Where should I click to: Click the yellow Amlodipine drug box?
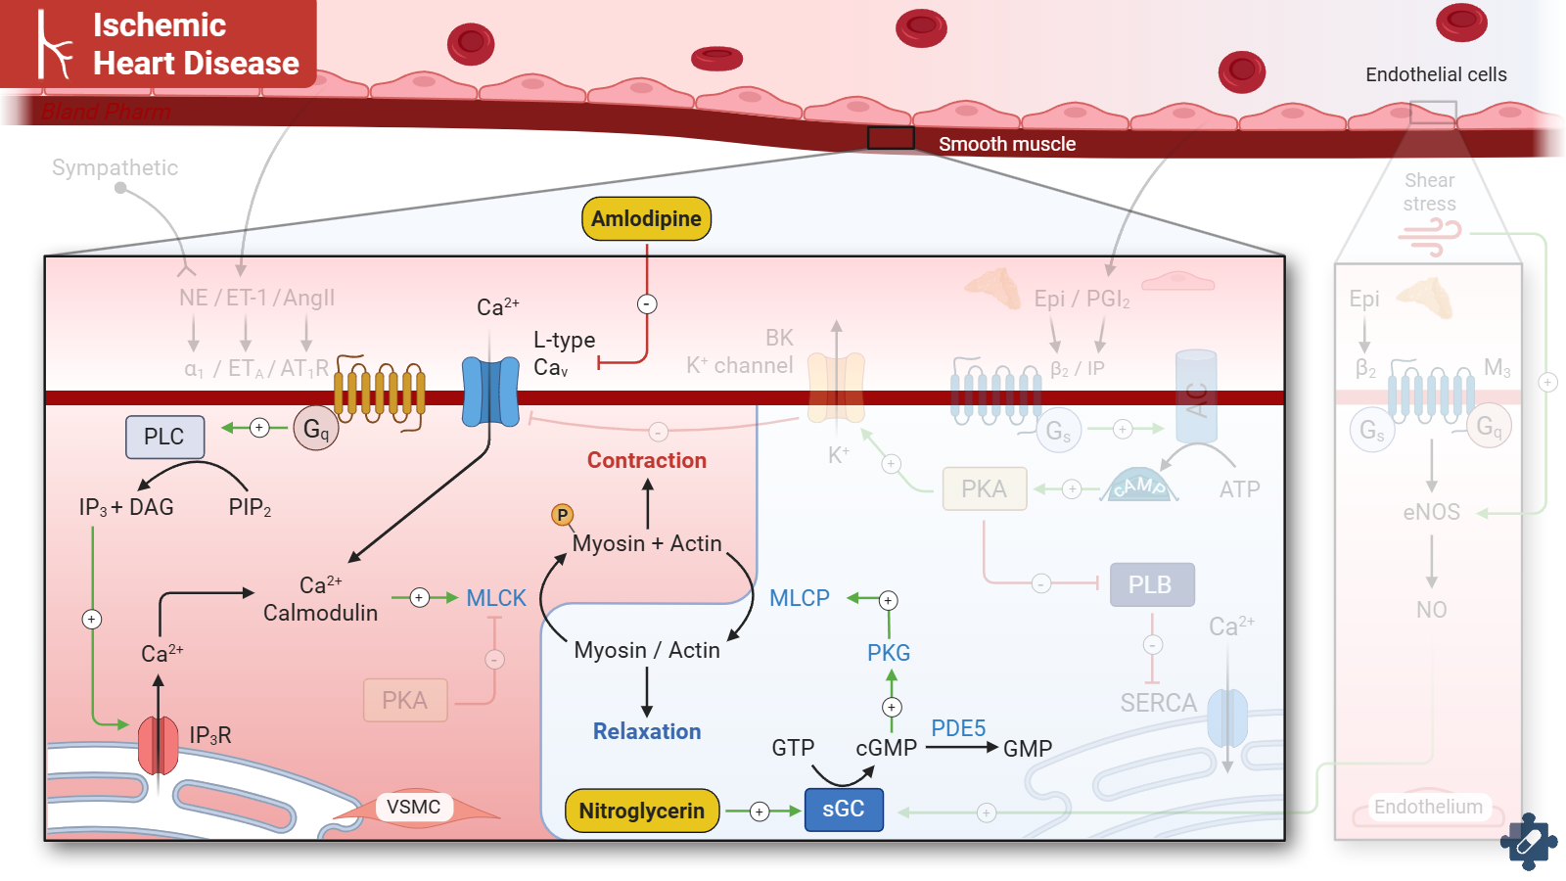pos(646,218)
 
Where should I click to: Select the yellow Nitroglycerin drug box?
pos(641,811)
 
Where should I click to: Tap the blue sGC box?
pos(844,810)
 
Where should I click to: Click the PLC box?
pos(164,437)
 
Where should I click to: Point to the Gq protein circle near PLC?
pos(315,429)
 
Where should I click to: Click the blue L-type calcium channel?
pos(490,392)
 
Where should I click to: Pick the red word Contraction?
pos(647,460)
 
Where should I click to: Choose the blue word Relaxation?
pos(647,731)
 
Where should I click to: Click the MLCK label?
pos(496,598)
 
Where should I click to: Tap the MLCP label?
pos(800,598)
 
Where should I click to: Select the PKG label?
pos(889,653)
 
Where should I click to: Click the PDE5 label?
pos(958,728)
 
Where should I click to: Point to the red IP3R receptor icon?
pos(159,745)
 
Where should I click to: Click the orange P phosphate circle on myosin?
pos(562,515)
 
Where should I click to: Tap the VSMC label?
pos(413,807)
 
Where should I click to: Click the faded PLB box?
pos(1151,584)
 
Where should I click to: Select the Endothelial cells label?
pos(1436,74)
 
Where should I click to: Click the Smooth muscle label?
pos(1007,144)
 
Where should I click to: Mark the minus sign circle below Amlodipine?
pos(647,303)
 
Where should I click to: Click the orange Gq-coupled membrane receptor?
pos(380,392)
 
